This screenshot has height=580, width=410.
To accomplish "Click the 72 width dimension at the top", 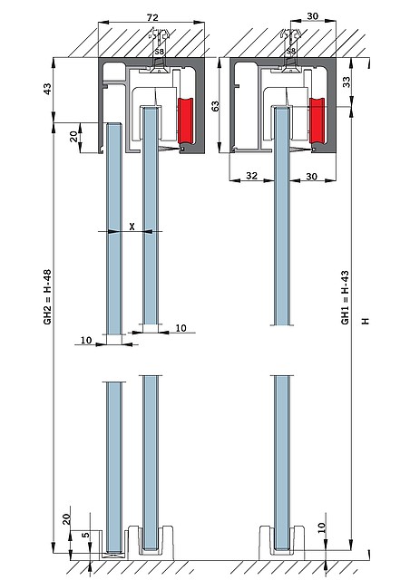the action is pyautogui.click(x=152, y=17).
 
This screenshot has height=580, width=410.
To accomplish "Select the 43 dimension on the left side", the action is pyautogui.click(x=48, y=89).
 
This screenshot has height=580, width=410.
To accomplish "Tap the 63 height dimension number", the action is pyautogui.click(x=216, y=106).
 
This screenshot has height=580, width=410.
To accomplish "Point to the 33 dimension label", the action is pyautogui.click(x=346, y=82).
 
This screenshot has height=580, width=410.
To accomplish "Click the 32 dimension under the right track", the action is pyautogui.click(x=251, y=175).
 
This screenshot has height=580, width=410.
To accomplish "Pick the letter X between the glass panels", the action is pyautogui.click(x=132, y=227).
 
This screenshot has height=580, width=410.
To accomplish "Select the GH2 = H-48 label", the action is pyautogui.click(x=47, y=297).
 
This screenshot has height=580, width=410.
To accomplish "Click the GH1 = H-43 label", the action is pyautogui.click(x=345, y=298).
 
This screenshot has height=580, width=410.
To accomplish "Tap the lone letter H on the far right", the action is pyautogui.click(x=366, y=321).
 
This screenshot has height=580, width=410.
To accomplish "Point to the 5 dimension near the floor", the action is pyautogui.click(x=85, y=535).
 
